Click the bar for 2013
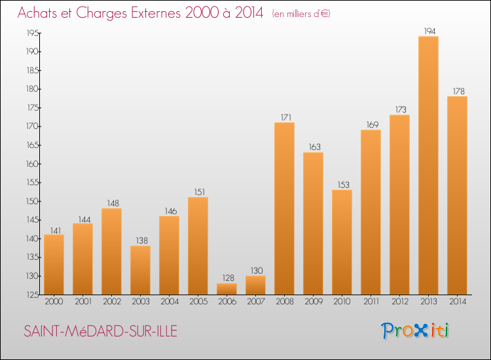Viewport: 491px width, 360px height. click(428, 165)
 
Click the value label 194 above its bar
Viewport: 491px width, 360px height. click(428, 31)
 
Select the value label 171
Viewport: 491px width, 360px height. click(284, 117)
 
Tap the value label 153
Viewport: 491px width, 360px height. click(342, 185)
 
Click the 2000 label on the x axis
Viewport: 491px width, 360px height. click(54, 302)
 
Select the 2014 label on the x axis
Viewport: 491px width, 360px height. click(457, 302)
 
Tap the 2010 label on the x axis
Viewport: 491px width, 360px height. click(342, 302)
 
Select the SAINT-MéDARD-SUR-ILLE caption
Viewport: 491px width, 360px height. click(100, 331)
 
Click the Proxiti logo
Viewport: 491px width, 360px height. click(414, 331)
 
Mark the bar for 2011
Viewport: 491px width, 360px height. click(371, 212)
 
